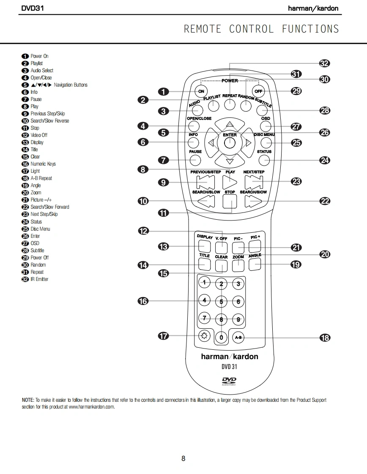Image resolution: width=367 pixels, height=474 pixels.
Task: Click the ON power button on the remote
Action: tap(201, 91)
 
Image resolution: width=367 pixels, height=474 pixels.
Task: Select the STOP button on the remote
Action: tap(230, 202)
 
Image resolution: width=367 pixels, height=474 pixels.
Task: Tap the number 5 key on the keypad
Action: tap(221, 302)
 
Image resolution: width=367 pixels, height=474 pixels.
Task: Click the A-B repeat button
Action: tap(238, 337)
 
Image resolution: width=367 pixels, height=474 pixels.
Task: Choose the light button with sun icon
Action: tap(205, 336)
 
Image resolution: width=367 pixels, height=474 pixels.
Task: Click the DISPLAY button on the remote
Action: tap(205, 246)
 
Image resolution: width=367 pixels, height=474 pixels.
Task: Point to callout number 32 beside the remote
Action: tap(324, 63)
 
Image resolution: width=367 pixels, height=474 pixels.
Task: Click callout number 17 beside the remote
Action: tap(163, 336)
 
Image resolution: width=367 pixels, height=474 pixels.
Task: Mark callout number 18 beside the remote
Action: tap(324, 338)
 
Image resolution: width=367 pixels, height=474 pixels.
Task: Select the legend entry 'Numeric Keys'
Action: tap(43, 164)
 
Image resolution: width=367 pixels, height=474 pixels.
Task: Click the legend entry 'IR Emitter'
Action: tap(39, 279)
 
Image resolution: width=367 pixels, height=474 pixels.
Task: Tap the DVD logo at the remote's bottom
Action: tap(229, 381)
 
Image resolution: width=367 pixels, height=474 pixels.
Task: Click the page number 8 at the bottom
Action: tap(183, 458)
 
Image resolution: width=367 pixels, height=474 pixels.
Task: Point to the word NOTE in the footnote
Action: tap(28, 400)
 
